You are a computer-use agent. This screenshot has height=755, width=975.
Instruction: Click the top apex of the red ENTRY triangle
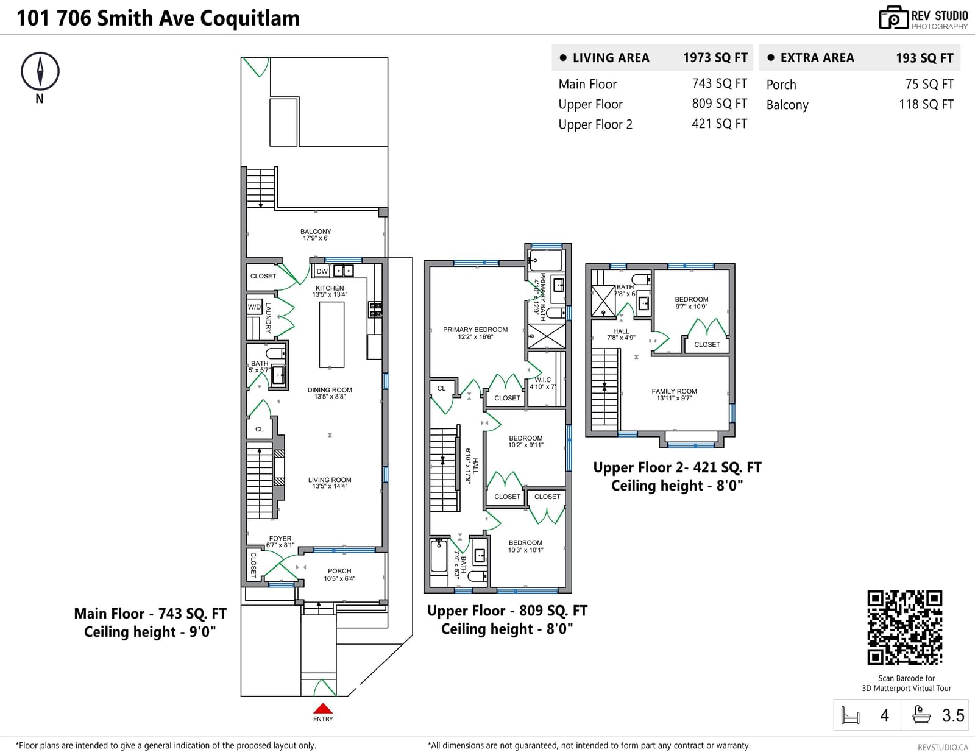322,703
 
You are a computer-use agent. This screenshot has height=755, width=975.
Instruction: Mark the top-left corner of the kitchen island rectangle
319,302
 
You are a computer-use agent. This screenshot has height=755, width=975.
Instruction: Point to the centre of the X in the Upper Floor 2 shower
603,301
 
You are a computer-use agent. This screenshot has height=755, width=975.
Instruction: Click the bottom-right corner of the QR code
942,665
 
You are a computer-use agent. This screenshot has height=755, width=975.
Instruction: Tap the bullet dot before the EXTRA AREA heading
771,57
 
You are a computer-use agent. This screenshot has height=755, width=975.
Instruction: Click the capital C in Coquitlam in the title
206,18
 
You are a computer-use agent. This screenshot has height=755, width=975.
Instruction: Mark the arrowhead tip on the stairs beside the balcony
261,207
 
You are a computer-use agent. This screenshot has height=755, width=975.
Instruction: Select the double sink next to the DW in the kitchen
344,271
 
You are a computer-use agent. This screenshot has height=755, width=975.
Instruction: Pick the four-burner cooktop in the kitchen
375,310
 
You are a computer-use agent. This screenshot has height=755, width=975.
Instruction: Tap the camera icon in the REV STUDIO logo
893,18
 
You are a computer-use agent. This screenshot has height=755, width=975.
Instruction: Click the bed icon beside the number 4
850,715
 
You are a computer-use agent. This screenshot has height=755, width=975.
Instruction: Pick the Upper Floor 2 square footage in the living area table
719,124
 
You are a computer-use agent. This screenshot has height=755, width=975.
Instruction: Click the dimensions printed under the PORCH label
339,579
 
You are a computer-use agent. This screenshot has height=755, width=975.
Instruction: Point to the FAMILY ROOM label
674,391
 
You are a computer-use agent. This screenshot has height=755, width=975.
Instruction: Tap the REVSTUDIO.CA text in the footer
943,747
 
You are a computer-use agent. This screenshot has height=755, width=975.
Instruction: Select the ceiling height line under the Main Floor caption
150,632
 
